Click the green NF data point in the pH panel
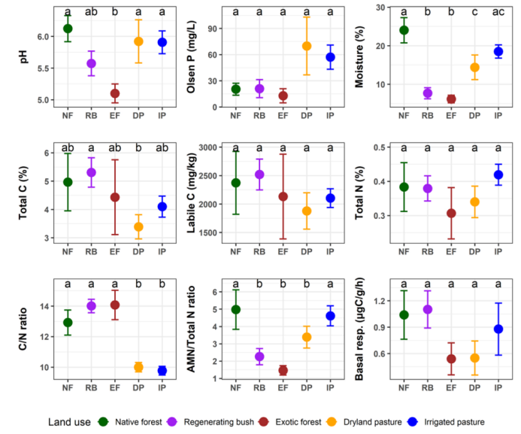68,29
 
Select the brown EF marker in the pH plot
115,94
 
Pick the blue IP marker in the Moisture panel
498,51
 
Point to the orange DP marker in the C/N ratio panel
138,367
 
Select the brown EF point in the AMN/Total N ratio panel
283,370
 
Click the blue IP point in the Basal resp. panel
498,329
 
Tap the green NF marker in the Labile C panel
236,182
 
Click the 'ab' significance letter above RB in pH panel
92,12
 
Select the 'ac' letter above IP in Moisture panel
498,12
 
